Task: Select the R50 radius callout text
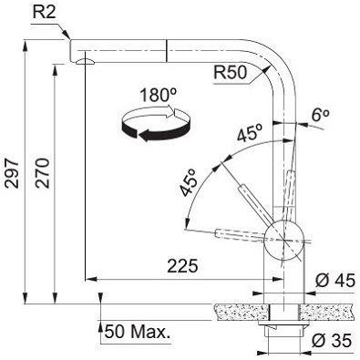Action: [x=231, y=73]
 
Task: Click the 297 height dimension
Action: [x=13, y=172]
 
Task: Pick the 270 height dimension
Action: [x=42, y=172]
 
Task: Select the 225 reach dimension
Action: [x=182, y=266]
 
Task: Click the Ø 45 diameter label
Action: [x=335, y=280]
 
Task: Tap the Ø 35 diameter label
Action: [x=332, y=340]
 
